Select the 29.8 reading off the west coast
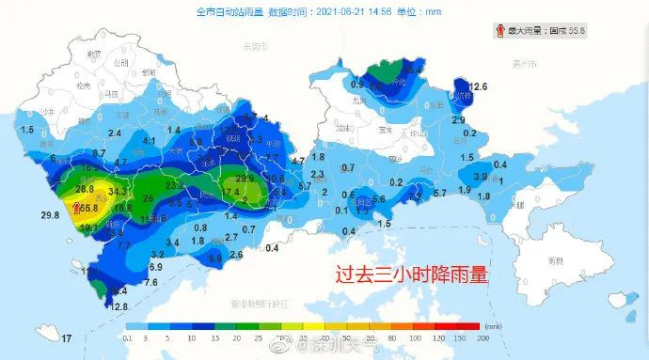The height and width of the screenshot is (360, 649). (x=51, y=215)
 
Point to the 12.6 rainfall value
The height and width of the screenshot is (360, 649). (x=479, y=87)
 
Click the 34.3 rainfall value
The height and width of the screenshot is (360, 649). (x=118, y=192)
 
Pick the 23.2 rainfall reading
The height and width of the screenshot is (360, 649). (x=175, y=187)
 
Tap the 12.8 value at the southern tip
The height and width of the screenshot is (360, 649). (x=119, y=305)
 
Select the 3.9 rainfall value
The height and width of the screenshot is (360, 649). (x=479, y=177)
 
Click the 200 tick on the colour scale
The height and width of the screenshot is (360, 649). (x=483, y=337)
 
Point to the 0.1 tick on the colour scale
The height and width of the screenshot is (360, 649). (x=128, y=337)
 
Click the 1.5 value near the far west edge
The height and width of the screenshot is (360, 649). (x=26, y=130)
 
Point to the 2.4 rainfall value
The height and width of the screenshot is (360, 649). (x=115, y=134)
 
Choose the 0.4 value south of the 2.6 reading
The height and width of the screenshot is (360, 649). (x=272, y=248)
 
